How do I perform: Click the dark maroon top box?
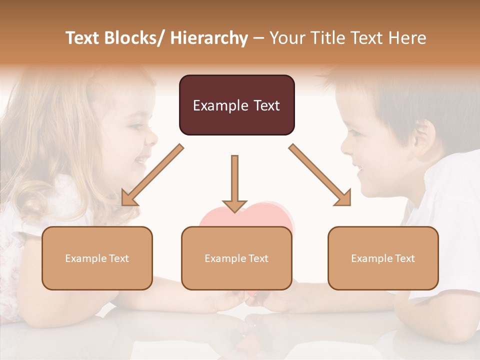236,105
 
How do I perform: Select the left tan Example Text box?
97,258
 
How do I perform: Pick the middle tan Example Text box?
236,258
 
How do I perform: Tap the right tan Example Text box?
383,258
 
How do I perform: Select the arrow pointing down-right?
320,175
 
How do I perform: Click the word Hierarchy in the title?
209,38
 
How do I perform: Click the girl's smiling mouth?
141,160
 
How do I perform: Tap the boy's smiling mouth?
359,166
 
